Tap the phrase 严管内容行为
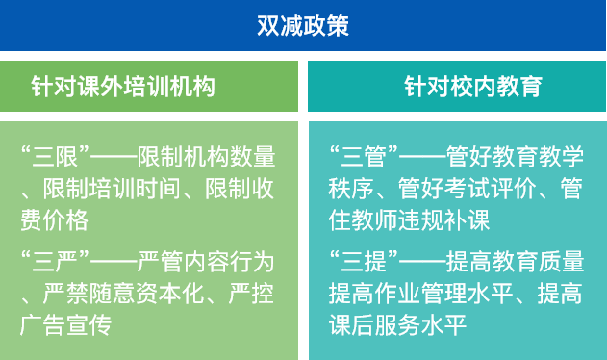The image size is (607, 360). click(206, 260)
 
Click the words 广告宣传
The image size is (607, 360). click(63, 325)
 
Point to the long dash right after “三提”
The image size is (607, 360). click(418, 260)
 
